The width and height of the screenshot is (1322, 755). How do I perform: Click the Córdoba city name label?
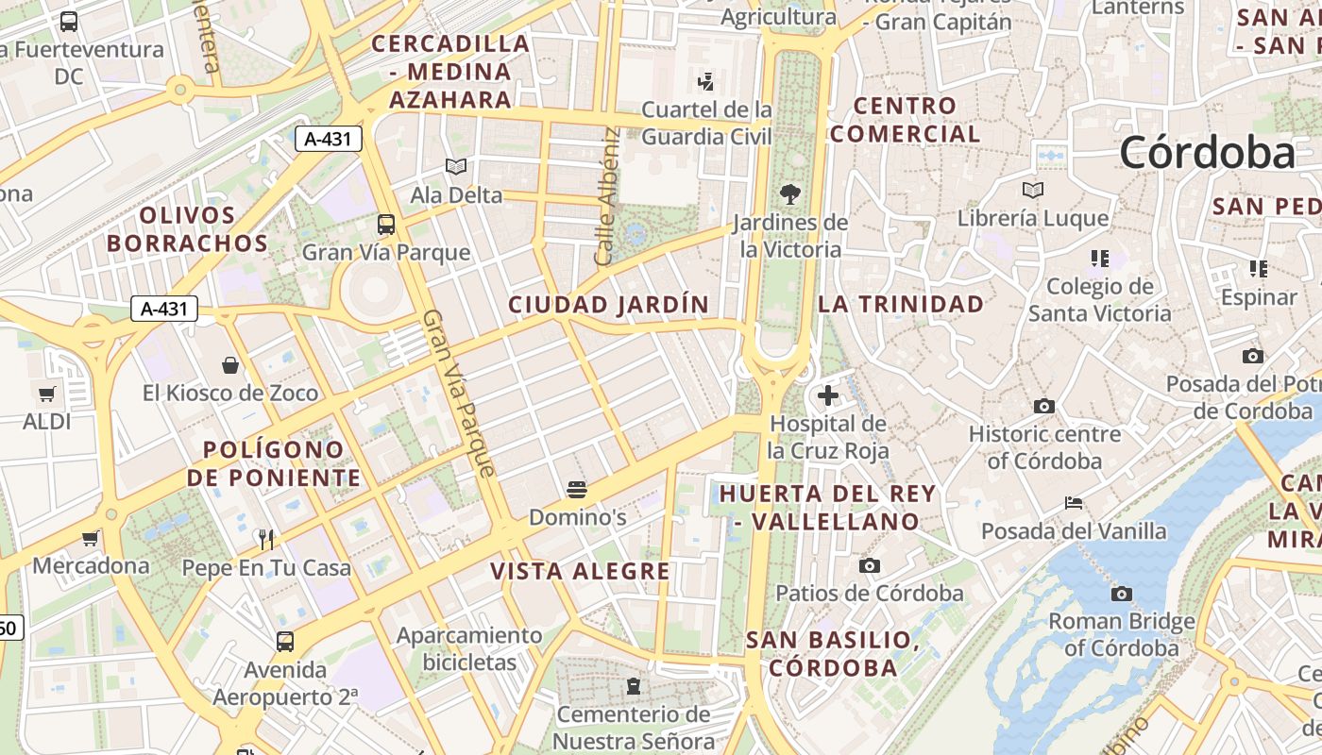pos(1208,153)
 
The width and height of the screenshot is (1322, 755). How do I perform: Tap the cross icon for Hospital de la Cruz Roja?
pos(828,395)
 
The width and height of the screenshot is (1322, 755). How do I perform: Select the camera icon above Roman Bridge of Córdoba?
pos(1121,594)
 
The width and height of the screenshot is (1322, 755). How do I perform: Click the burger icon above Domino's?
pos(577,489)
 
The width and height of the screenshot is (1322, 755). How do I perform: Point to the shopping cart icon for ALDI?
pos(46,393)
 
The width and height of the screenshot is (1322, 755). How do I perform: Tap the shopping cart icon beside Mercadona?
pos(91,538)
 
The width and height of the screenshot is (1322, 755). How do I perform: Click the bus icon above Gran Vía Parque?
pos(385,225)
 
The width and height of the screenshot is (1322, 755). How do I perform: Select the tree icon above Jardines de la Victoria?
pos(790,194)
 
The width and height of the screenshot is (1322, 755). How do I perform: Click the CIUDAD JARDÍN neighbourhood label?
pos(608,305)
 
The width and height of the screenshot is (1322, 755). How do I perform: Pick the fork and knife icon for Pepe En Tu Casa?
pos(266,539)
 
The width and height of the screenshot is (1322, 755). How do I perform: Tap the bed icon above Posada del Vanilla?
pos(1074,502)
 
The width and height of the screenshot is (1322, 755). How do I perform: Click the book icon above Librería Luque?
pos(1033,190)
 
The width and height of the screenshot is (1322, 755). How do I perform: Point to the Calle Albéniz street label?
pos(608,196)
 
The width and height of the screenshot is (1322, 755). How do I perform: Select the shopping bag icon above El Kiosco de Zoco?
pos(230,364)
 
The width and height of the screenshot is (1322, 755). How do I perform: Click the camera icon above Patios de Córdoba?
pos(870,565)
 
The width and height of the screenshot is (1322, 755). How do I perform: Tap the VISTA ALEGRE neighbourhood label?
pos(580,571)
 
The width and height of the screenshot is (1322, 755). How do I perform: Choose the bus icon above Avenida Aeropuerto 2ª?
pos(285,642)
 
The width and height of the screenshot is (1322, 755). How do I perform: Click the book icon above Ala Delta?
pos(456,166)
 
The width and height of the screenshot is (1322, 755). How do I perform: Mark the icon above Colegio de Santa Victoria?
pos(1099,258)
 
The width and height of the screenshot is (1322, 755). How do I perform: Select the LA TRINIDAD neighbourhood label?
pos(901,304)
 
